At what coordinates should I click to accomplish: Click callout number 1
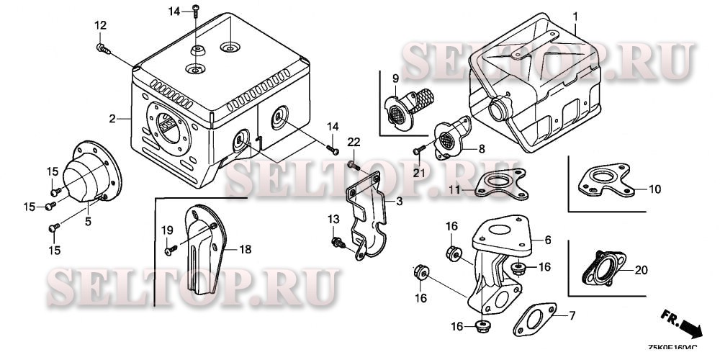(575, 16)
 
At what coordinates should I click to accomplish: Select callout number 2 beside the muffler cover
(113, 118)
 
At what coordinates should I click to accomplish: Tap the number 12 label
(100, 26)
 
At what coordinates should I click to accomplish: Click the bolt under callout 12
(102, 49)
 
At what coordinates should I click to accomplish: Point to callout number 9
(395, 78)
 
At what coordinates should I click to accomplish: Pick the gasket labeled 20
(600, 269)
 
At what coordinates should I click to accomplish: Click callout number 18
(246, 249)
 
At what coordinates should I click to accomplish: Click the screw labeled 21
(418, 150)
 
